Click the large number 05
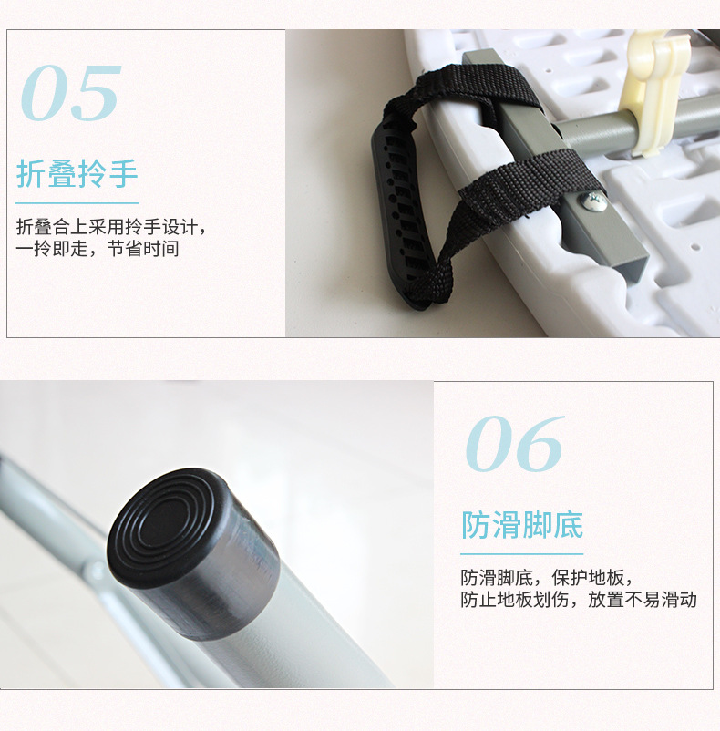(70, 93)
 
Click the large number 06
(514, 443)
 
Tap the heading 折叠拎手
(77, 173)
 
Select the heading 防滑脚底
(522, 525)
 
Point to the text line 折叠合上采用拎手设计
(111, 227)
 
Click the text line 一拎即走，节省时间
(98, 249)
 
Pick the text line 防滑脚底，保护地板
(547, 578)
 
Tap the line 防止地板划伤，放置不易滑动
(579, 600)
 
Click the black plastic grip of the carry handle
(401, 210)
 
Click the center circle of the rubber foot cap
(163, 520)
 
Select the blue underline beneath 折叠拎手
(77, 202)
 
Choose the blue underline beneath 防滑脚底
(522, 554)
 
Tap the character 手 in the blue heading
(124, 173)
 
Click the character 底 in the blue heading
(569, 525)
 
